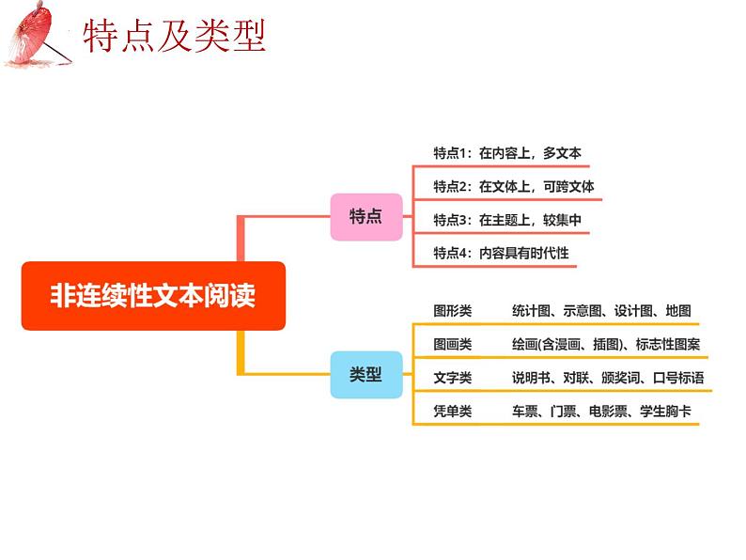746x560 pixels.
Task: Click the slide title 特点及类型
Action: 174,36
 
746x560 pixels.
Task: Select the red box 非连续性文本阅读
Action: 153,295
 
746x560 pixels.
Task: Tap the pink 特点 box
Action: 366,216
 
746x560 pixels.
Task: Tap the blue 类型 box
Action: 366,375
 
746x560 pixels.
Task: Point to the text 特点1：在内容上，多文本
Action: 507,153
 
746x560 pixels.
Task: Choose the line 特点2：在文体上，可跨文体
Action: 514,186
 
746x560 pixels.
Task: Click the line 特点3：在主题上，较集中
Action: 507,220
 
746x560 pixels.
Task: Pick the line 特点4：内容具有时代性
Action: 501,253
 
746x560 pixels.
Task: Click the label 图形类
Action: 453,311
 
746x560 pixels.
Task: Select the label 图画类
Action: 453,344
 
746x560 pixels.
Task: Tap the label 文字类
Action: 453,378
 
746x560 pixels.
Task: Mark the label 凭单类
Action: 453,411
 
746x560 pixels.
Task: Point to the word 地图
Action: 678,311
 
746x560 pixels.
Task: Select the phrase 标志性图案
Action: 668,344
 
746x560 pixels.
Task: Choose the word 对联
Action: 576,378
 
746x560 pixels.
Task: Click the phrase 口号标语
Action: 678,378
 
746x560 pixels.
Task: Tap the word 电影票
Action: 608,411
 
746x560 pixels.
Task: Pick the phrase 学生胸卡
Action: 665,411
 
